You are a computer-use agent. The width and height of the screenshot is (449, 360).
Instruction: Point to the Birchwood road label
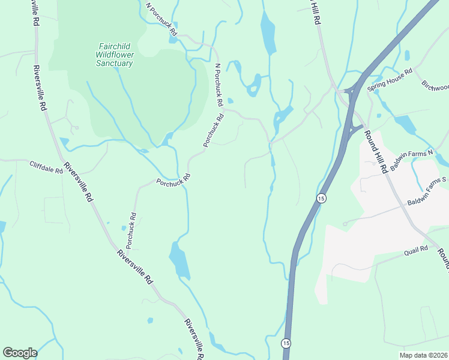click(436, 87)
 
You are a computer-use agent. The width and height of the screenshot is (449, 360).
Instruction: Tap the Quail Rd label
click(415, 248)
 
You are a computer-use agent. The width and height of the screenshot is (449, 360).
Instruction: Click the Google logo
click(20, 353)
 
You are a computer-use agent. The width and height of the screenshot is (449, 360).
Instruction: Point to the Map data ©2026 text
click(424, 355)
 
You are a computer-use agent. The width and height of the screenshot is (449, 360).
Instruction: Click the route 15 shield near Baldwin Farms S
click(321, 198)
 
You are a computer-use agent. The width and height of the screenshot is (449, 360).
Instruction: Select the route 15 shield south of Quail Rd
click(285, 342)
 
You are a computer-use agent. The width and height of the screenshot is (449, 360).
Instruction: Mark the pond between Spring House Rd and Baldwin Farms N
click(406, 124)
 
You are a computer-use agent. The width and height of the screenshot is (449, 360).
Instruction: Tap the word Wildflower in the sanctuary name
click(115, 55)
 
